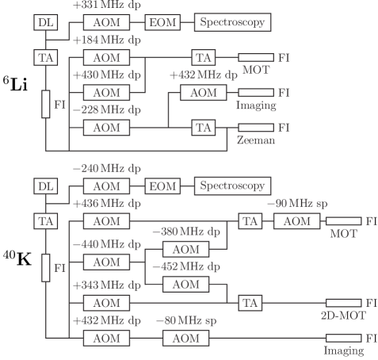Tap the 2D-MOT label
[x=342, y=316]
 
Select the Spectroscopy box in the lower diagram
[x=232, y=186]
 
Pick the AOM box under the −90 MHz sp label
[x=296, y=220]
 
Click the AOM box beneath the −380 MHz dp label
[x=185, y=250]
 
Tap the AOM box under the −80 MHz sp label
[x=185, y=338]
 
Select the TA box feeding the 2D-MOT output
[x=250, y=302]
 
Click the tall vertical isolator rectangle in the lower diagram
[x=46, y=268]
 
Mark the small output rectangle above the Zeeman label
[x=255, y=127]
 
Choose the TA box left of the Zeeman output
[x=204, y=127]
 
